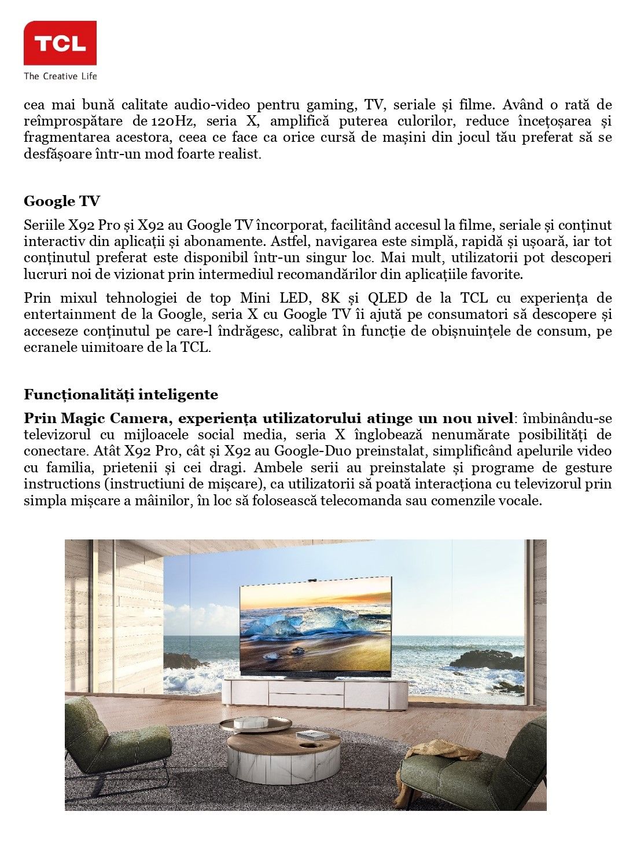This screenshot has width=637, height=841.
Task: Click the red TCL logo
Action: (60, 43)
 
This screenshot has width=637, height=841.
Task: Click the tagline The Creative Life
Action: (60, 76)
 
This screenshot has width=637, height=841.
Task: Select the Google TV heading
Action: (62, 201)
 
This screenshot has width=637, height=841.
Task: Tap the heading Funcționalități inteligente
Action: (121, 395)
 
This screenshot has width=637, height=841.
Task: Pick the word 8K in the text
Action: (330, 299)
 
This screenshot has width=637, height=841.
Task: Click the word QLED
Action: (387, 299)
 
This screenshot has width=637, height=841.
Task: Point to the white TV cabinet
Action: (316, 692)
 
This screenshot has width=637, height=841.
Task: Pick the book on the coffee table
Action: (312, 735)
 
